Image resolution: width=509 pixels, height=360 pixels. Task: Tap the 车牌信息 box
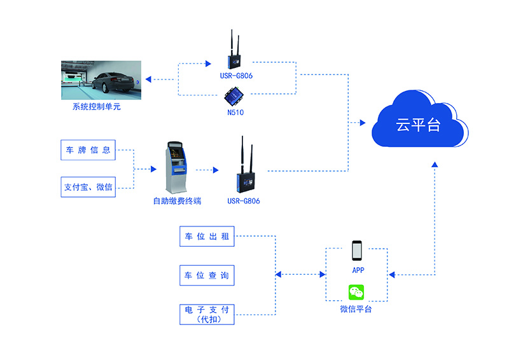pos(88,150)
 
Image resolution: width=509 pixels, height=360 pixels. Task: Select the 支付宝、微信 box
pos(88,188)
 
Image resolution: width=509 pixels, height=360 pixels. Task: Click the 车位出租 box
pos(206,237)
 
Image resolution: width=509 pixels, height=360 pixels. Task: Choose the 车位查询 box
pos(206,275)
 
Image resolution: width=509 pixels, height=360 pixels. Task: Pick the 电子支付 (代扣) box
pos(206,313)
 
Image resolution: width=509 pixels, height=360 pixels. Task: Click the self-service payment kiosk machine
pos(177,167)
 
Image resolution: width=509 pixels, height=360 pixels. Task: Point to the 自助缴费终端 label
pos(177,201)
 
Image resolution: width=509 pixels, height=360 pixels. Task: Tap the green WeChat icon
pos(356,293)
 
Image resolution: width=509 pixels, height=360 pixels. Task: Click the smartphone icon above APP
pos(357,251)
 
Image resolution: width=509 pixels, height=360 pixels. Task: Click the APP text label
pos(358,270)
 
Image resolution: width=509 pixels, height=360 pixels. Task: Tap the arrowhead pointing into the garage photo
pos(148,80)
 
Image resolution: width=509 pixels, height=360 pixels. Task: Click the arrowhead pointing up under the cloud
pos(435,164)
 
